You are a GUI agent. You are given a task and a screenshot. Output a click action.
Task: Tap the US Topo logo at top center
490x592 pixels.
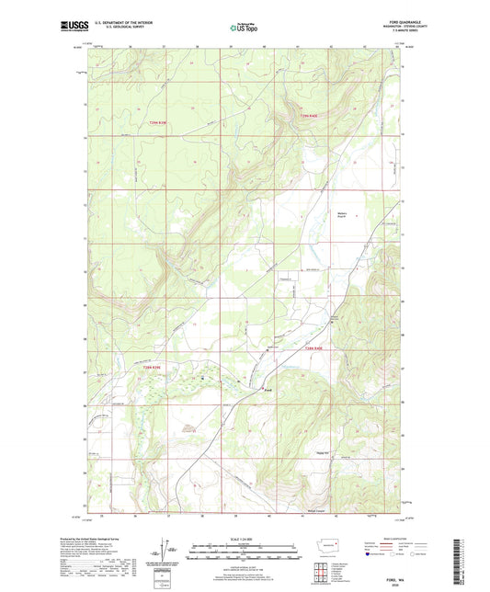tap(244, 28)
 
